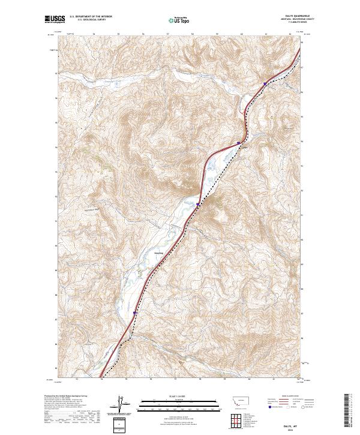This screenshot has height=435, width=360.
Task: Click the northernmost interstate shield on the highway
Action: (x=265, y=84)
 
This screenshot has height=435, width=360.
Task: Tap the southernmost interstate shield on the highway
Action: (x=134, y=313)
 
